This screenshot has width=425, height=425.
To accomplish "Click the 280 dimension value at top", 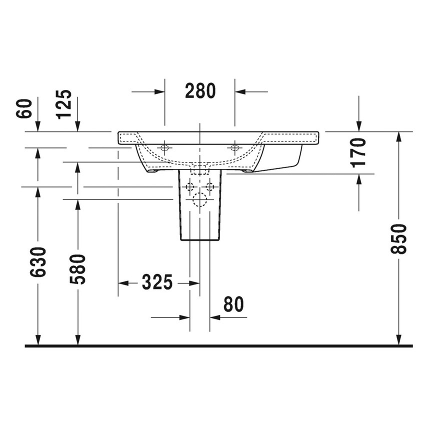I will click(200, 91).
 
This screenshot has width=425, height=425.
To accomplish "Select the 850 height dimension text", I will click(399, 238).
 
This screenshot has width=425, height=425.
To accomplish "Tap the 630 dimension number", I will click(38, 261).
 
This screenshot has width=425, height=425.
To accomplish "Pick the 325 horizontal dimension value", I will click(157, 282).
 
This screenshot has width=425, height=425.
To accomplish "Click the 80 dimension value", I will click(233, 304).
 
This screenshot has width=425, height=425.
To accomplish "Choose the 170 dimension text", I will click(359, 152).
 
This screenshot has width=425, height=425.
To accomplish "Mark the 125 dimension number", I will click(64, 104).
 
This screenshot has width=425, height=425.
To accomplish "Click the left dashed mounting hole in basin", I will click(164, 147).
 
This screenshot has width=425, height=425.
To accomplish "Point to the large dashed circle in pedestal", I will click(200, 200).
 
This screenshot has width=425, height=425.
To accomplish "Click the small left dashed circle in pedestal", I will click(189, 187).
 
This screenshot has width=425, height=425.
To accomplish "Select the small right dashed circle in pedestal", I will click(210, 187).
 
